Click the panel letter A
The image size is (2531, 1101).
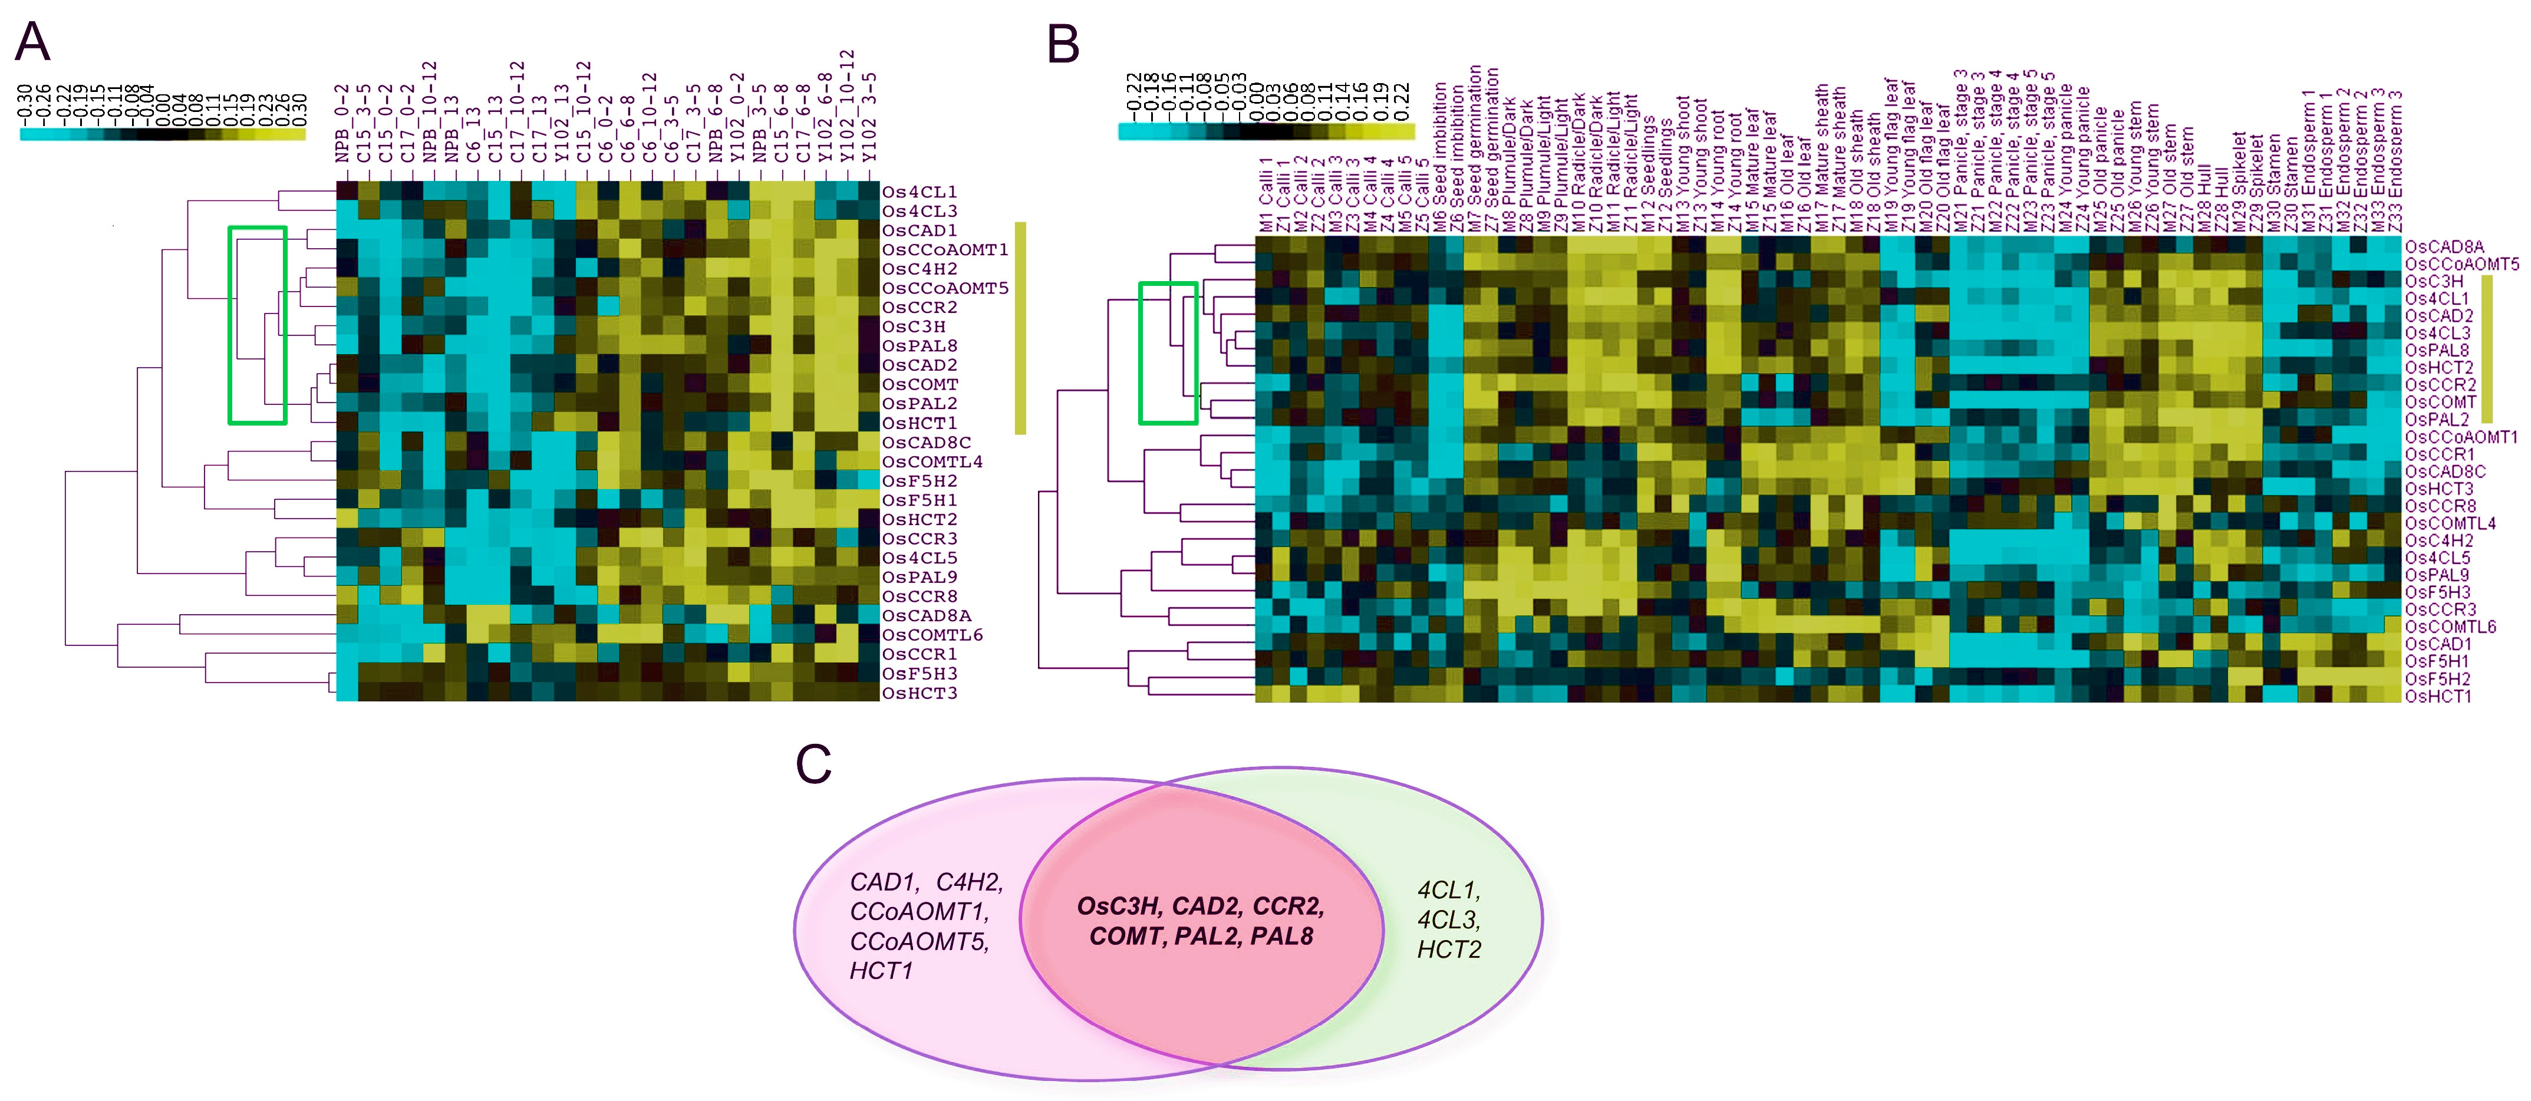pyautogui.click(x=34, y=42)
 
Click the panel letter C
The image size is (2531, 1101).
pyautogui.click(x=813, y=765)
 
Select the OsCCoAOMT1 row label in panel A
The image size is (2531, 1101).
pyautogui.click(x=944, y=249)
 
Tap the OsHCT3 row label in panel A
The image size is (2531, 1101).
pyautogui.click(x=919, y=693)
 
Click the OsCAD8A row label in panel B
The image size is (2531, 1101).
pyautogui.click(x=2444, y=246)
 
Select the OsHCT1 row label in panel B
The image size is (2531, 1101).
pyautogui.click(x=2438, y=696)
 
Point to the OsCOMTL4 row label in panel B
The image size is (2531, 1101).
pyautogui.click(x=2450, y=523)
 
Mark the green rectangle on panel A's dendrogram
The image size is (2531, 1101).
pyautogui.click(x=258, y=325)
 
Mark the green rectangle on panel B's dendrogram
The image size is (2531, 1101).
pyautogui.click(x=1167, y=352)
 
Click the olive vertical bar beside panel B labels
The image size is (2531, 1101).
pyautogui.click(x=2487, y=349)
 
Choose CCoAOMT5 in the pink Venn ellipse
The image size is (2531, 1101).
pyautogui.click(x=919, y=942)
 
